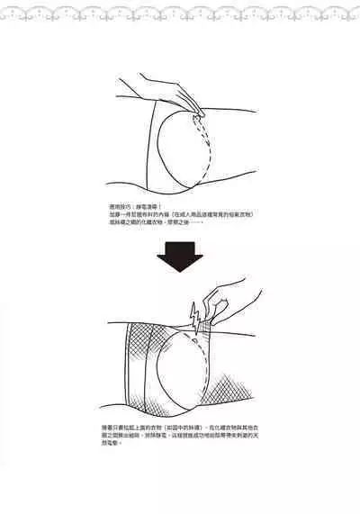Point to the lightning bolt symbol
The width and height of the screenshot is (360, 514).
point(193,315)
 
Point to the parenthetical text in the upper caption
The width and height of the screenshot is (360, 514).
point(208,214)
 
